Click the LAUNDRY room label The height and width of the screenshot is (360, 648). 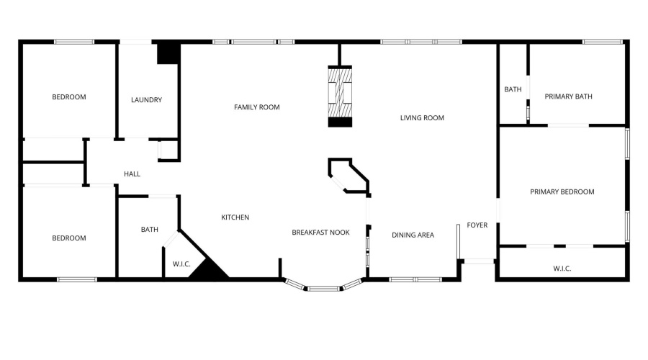coord(146,100)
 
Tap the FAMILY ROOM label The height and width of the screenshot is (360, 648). coord(256,107)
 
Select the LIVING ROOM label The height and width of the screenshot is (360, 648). coord(422,118)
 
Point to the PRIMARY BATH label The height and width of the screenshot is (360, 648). coord(568,96)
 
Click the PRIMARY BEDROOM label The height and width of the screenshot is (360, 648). coord(562,192)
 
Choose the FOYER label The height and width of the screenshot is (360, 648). coord(477,225)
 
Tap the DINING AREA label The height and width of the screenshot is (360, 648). coord(413,235)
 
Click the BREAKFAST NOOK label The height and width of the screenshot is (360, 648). coord(320,233)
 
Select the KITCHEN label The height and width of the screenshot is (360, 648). coord(235,217)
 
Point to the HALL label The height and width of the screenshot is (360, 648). coord(132,174)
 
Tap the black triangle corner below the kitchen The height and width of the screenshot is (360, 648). coord(209,270)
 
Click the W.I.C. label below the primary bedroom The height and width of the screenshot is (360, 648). coord(562,269)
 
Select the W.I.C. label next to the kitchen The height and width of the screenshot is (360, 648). coord(181,264)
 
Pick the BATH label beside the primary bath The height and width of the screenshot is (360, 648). coord(513,90)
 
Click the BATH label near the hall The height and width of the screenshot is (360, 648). coord(149,230)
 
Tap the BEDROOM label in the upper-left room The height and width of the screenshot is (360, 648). coord(68,97)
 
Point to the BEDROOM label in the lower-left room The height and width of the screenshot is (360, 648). coord(68,238)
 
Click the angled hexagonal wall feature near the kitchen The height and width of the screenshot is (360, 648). coord(348,176)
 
